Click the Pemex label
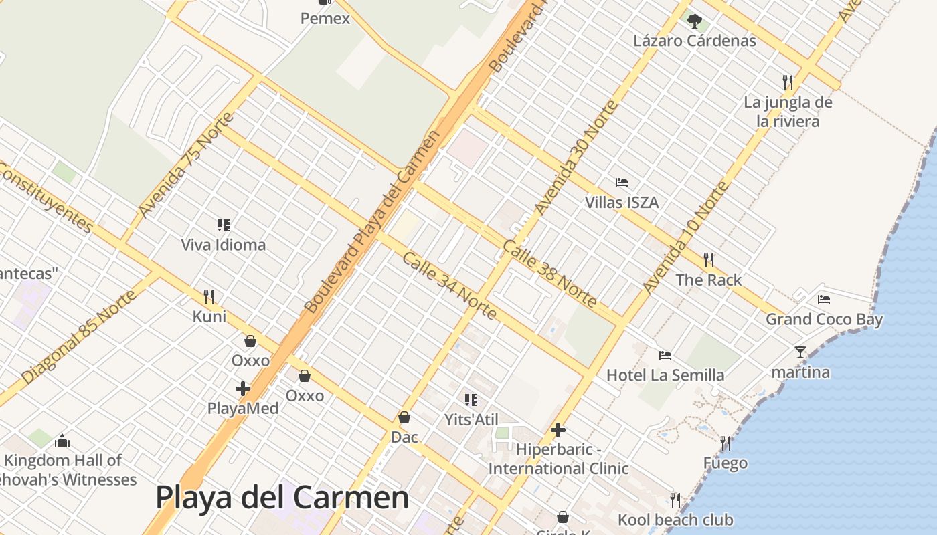pos(325,19)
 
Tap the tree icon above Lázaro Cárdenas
pos(695,21)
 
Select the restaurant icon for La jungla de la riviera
pos(788,82)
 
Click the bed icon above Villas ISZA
pos(622,182)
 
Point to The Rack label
pos(708,280)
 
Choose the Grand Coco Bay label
pos(824,319)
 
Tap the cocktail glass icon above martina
pos(800,352)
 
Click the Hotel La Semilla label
pos(665,375)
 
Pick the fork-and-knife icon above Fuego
pos(725,443)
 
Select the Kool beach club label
pos(675,520)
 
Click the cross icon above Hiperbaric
pos(558,430)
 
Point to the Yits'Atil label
pos(471,419)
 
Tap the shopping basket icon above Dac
pos(404,417)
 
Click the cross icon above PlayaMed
pos(243,388)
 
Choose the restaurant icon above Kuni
pos(209,296)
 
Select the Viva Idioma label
pos(223,245)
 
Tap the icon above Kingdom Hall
pos(62,440)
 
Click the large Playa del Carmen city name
pos(282,498)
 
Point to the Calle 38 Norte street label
pos(549,274)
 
